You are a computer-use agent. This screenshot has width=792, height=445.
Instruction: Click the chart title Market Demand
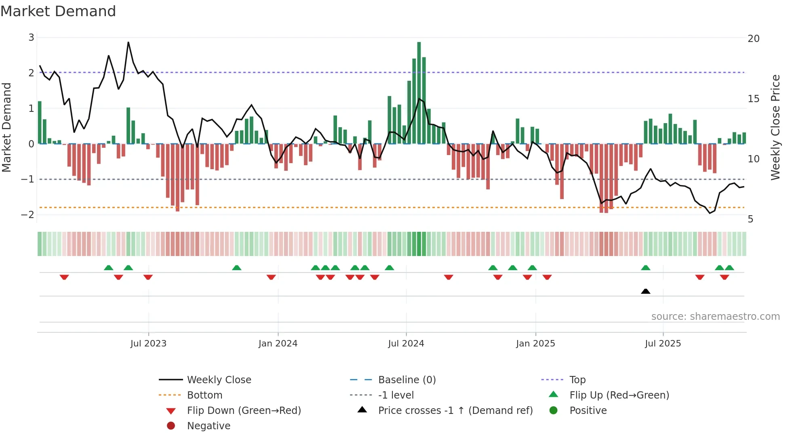[x=58, y=11]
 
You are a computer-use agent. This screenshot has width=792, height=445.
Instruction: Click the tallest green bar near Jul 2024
[x=419, y=93]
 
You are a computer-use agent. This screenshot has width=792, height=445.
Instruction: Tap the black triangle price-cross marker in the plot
[x=645, y=291]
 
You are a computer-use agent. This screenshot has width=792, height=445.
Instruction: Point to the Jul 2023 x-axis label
[x=148, y=344]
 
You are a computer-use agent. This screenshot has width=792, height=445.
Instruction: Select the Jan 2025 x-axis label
[x=535, y=344]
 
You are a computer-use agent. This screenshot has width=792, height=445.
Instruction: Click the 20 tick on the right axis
[x=753, y=39]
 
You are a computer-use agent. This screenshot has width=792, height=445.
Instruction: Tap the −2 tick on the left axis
[x=28, y=214]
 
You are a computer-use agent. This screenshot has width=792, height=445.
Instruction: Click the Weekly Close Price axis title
[x=775, y=127]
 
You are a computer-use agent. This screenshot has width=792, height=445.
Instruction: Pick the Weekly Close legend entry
[x=219, y=380]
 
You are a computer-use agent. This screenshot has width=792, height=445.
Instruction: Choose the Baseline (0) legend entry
[x=407, y=380]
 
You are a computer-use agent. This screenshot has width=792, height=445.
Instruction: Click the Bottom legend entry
[x=204, y=395]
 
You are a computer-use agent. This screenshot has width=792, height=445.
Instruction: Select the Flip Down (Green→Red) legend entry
[x=244, y=411]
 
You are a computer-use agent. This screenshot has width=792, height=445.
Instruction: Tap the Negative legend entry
[x=209, y=426]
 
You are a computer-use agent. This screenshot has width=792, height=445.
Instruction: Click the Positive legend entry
[x=588, y=411]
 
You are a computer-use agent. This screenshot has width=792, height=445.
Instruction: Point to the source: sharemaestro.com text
[x=715, y=317]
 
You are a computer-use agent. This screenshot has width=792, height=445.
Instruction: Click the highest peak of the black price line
[x=128, y=42]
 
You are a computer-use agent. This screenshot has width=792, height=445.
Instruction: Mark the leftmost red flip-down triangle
[x=64, y=277]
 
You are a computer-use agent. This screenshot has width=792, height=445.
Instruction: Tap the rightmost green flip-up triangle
[x=729, y=268]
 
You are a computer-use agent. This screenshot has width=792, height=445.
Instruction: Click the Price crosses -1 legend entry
[x=455, y=411]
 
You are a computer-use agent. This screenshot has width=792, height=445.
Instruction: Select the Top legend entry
[x=577, y=380]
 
